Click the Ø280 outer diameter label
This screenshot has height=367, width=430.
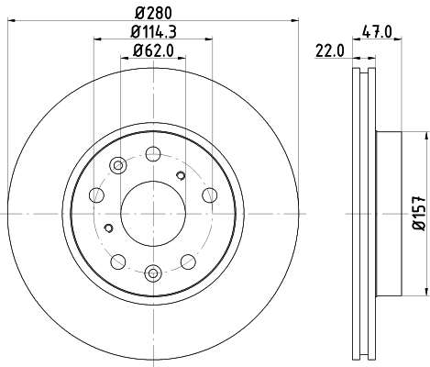[153, 10]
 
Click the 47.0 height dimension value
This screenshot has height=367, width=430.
[376, 31]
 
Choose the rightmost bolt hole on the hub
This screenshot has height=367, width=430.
[209, 194]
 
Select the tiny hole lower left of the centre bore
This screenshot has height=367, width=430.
[109, 228]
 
